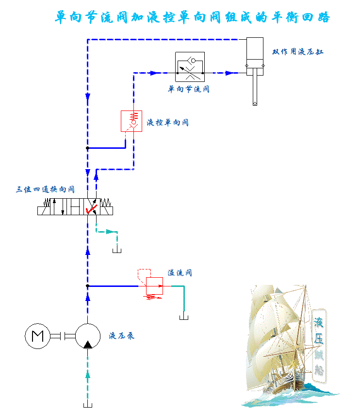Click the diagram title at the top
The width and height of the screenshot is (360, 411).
[193, 17]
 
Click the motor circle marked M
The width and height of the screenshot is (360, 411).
[37, 335]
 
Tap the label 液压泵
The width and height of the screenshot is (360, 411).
[122, 335]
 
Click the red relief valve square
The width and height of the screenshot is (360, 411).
[154, 286]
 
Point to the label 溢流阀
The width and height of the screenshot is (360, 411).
[180, 273]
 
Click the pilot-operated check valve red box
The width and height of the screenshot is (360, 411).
[131, 120]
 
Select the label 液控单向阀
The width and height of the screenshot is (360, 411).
[167, 123]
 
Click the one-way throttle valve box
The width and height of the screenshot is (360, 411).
[190, 66]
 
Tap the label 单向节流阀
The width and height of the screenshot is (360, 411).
[189, 89]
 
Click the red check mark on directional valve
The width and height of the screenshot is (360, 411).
[91, 210]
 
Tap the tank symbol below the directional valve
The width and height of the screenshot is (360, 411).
[117, 250]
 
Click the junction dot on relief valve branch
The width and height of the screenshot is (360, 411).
[87, 286]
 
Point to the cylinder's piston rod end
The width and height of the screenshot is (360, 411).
[255, 102]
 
